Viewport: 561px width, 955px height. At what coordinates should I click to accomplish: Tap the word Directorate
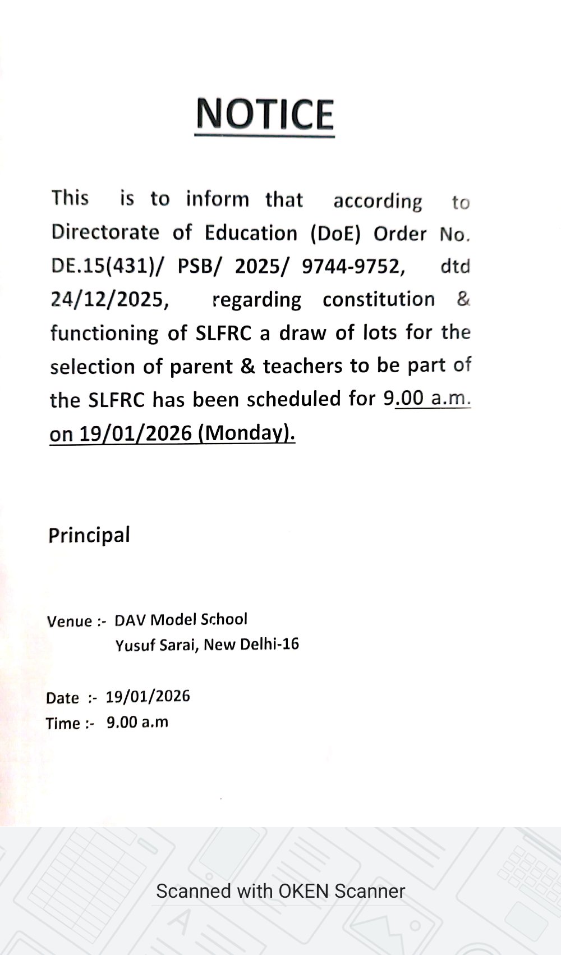(105, 232)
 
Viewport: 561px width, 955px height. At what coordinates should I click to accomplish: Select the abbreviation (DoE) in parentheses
(335, 234)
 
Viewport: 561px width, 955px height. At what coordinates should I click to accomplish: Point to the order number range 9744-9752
(353, 266)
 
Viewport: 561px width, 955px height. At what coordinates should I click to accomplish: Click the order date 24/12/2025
(110, 300)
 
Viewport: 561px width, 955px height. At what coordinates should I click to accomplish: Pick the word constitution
(378, 299)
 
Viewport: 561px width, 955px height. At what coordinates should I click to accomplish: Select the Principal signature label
(89, 535)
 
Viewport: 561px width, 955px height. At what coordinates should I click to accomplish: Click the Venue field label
(70, 621)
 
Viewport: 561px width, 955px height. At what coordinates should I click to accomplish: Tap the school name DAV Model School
(181, 619)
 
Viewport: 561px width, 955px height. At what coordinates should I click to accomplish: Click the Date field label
(63, 698)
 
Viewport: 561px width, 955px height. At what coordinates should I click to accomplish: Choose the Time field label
(63, 723)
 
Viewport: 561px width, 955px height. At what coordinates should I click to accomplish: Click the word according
(378, 201)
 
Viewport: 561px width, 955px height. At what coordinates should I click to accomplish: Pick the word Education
(251, 233)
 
